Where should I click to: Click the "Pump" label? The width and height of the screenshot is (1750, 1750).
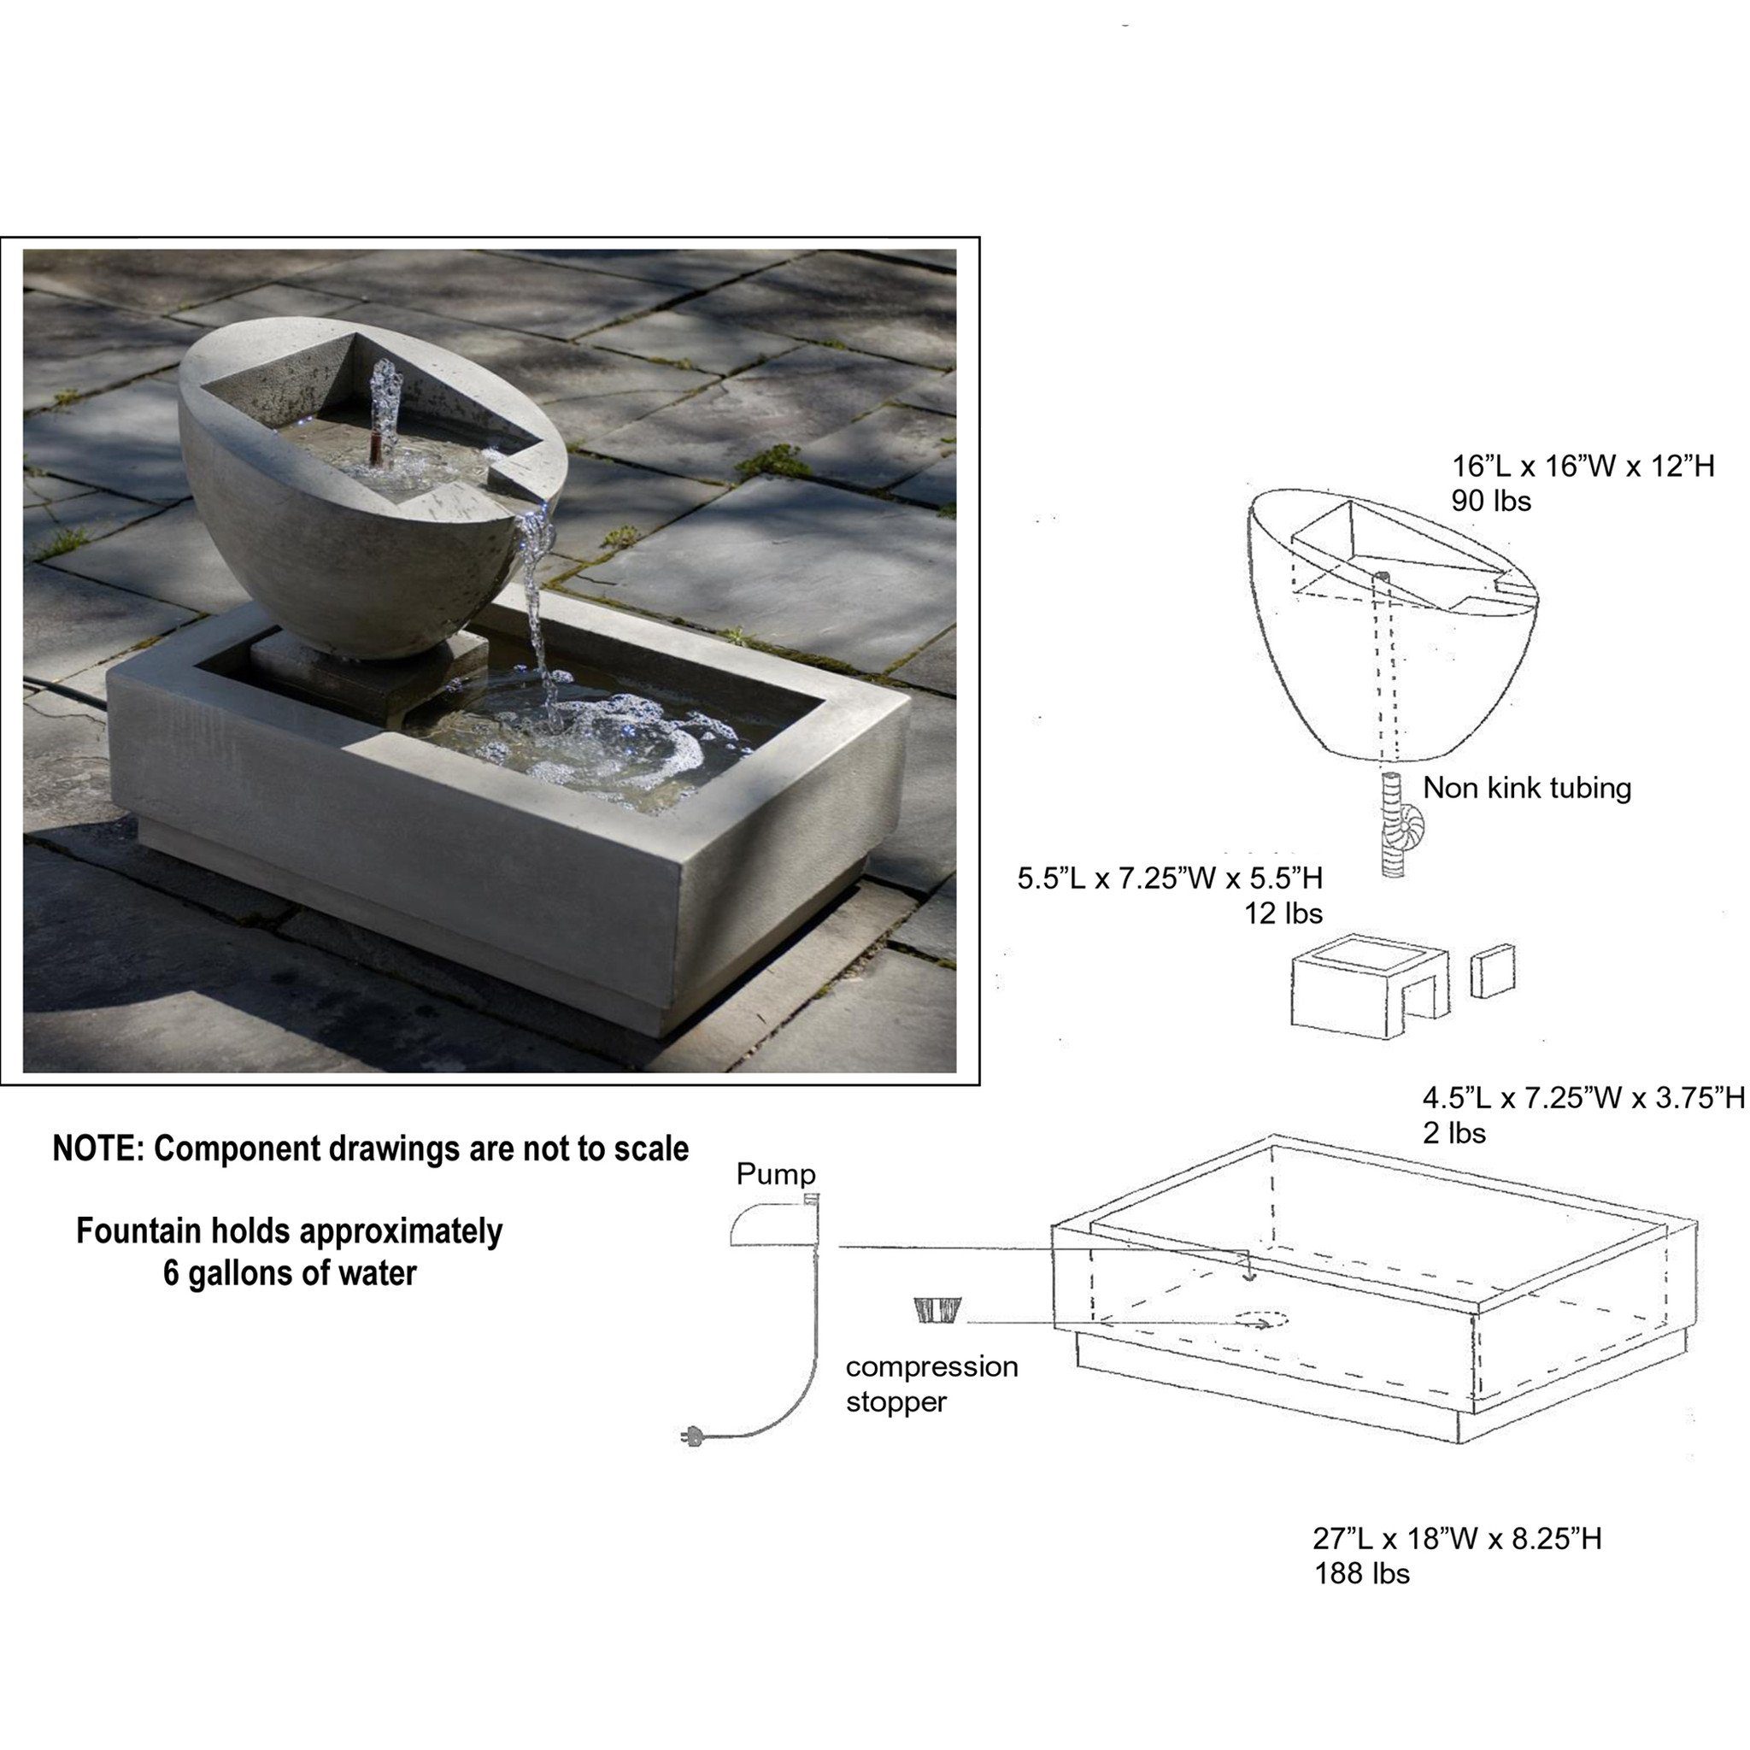pyautogui.click(x=775, y=1175)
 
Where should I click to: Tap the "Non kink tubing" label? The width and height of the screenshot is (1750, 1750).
pyautogui.click(x=1527, y=788)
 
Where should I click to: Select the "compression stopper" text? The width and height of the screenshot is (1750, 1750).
pyautogui.click(x=931, y=1383)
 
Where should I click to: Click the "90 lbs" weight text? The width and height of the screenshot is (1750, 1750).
pyautogui.click(x=1491, y=501)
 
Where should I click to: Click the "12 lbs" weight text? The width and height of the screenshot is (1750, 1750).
pyautogui.click(x=1283, y=914)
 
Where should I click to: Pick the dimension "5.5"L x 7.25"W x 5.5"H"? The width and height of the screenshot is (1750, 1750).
pyautogui.click(x=1171, y=878)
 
